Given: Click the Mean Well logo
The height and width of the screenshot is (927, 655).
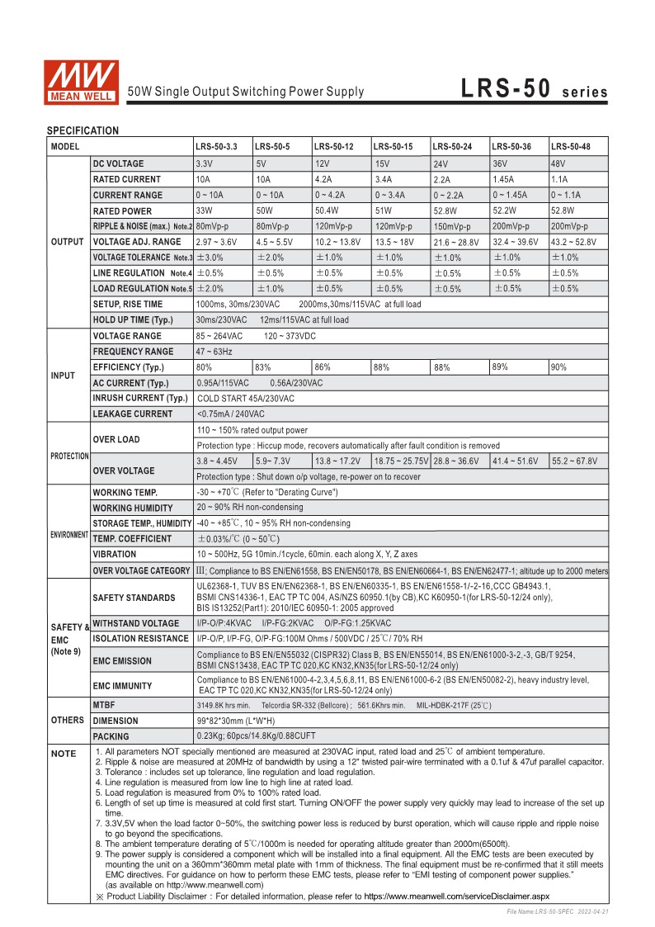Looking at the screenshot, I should [x=82, y=82].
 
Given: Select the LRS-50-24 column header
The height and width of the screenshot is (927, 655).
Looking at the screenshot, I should [x=452, y=146].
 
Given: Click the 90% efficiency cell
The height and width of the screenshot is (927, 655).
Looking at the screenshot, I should [x=558, y=367].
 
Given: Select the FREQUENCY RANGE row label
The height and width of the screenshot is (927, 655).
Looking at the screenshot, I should [x=133, y=352].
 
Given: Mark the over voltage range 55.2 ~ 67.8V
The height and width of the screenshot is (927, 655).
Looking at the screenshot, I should [x=574, y=461].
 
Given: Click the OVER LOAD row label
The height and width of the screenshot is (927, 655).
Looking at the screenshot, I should [x=116, y=439].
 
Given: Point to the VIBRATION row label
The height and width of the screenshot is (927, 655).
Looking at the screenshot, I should [x=115, y=554].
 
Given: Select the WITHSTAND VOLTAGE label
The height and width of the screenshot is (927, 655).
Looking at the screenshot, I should [x=135, y=623].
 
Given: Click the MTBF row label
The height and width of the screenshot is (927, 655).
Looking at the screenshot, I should [x=104, y=705].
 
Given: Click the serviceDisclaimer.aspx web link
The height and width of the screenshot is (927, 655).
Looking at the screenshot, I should [x=456, y=895].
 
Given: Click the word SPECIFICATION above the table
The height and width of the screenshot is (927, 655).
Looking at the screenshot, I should [x=82, y=130].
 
